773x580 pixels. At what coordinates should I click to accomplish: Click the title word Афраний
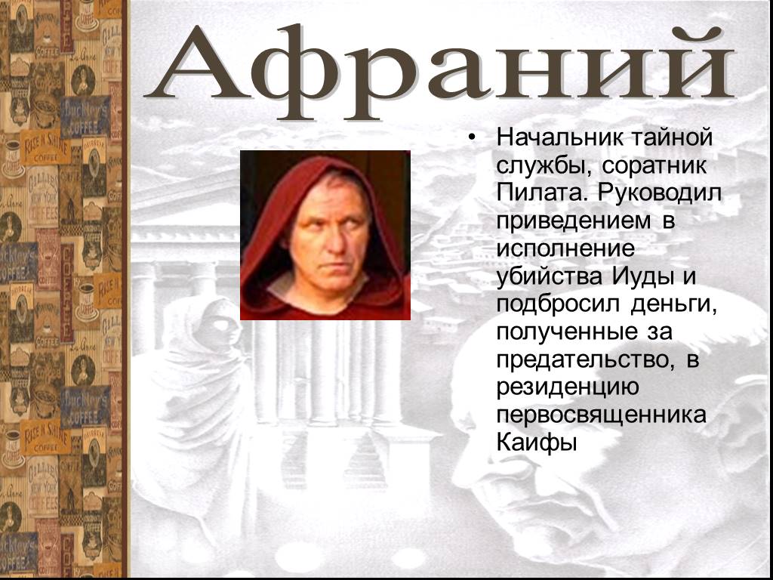point(439,71)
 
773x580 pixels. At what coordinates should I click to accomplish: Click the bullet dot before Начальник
point(473,137)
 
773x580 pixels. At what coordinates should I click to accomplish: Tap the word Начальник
point(556,137)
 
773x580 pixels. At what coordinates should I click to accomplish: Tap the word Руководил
point(661,193)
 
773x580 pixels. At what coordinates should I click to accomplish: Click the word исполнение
point(565,248)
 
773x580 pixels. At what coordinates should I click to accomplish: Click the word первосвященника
point(602,416)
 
